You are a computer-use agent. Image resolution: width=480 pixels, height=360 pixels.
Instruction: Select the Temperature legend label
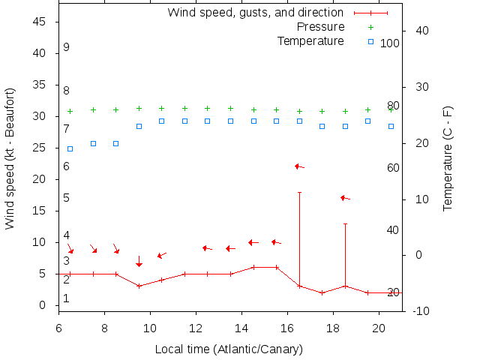[310, 40]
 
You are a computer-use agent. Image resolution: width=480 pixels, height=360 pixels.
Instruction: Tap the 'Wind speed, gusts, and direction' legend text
[255, 13]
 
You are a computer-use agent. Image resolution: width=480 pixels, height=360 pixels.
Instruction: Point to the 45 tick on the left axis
[40, 22]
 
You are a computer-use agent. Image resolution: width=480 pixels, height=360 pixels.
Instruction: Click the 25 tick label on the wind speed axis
[40, 148]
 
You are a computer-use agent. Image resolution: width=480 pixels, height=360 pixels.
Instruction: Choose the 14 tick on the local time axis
[241, 327]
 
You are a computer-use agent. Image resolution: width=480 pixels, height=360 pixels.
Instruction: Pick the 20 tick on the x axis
[379, 327]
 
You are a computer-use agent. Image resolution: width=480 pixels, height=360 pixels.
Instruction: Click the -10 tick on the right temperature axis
[421, 310]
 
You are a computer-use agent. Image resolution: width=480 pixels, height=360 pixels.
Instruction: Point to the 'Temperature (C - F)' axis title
[448, 157]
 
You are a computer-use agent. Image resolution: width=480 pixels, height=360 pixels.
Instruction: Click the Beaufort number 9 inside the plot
[67, 47]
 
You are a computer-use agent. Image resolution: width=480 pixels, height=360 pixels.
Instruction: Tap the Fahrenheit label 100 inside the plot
[390, 43]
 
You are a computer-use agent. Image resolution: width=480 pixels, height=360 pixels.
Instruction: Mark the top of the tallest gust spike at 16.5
[299, 193]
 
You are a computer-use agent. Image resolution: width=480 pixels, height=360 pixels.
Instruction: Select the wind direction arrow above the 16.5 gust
[299, 166]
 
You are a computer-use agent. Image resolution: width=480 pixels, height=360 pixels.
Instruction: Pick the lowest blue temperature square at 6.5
[70, 148]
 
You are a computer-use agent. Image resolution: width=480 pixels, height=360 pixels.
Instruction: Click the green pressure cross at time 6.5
[70, 111]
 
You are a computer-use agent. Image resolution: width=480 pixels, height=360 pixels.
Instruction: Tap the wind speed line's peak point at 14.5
[253, 267]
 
